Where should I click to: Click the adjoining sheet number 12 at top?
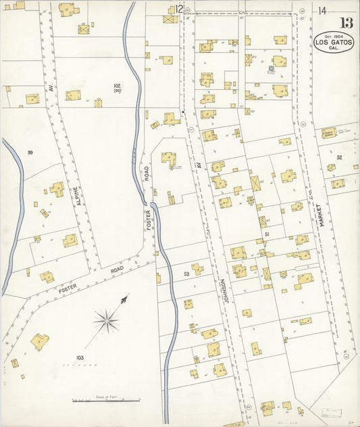click(x=178, y=9)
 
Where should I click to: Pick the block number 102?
click(x=117, y=86)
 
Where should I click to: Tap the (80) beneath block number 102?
click(x=117, y=93)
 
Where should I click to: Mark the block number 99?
click(x=30, y=153)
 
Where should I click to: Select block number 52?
click(x=340, y=157)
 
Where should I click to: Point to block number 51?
click(x=267, y=234)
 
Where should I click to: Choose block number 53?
click(x=186, y=274)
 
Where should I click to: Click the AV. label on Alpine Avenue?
click(x=49, y=88)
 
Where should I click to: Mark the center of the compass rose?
click(x=106, y=319)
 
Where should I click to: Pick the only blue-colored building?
click(x=272, y=68)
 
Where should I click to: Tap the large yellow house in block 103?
click(x=40, y=341)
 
